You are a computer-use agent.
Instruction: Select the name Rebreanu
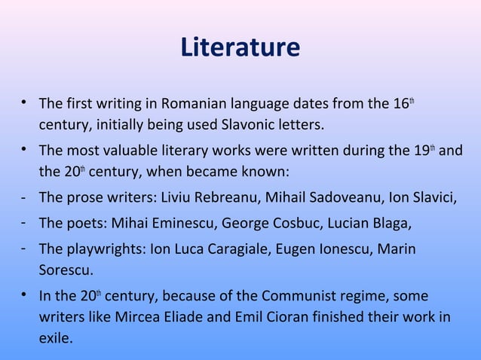[222, 198]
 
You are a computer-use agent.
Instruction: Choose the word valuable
[130, 148]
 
